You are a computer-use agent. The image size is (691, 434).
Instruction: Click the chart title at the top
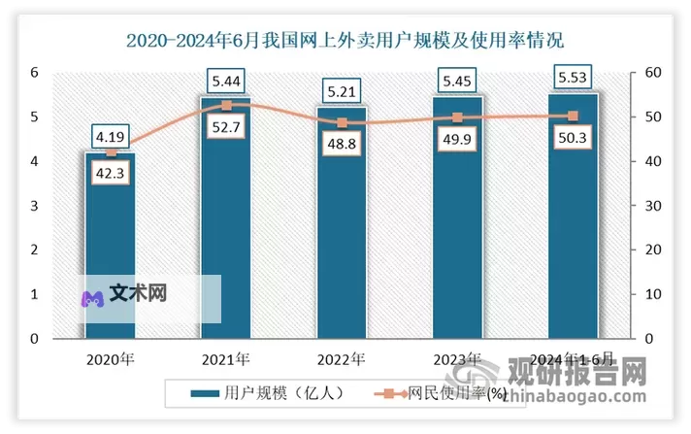[345, 41]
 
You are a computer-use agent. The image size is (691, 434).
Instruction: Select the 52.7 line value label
[225, 123]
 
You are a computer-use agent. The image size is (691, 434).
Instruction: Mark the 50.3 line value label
[573, 136]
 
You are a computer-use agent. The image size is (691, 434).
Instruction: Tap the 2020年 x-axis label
[110, 359]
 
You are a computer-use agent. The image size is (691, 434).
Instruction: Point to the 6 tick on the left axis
[34, 73]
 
